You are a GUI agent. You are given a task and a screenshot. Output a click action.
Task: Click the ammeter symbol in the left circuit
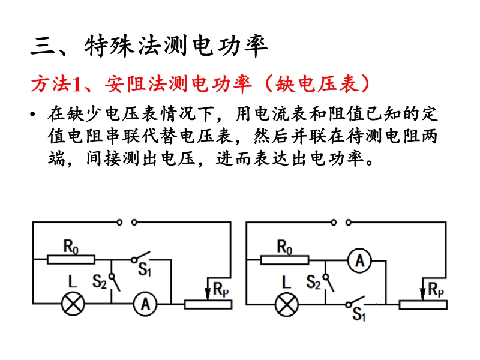click(145, 304)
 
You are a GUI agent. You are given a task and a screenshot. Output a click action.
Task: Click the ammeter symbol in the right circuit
click(359, 261)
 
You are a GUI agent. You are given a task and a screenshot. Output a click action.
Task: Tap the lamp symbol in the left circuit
click(73, 304)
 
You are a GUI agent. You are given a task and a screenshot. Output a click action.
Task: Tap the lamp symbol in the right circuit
click(287, 305)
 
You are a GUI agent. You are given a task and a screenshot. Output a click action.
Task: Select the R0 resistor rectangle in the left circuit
click(71, 260)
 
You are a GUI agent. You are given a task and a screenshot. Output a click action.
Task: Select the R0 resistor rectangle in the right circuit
click(284, 260)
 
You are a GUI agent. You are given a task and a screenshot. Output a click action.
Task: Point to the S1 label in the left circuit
click(145, 269)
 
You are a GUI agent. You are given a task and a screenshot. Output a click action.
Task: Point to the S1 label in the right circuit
click(359, 314)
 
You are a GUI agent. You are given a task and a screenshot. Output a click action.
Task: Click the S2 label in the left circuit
click(100, 281)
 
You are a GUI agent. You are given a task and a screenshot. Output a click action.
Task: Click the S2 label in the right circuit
click(313, 282)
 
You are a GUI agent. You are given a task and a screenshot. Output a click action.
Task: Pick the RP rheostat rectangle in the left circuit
click(208, 304)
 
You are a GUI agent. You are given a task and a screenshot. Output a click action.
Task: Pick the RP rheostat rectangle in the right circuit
click(423, 305)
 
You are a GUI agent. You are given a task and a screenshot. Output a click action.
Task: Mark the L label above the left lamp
click(73, 281)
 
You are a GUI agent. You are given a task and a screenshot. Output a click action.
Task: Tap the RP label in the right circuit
click(436, 290)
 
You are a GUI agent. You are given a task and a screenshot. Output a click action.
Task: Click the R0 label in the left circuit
click(71, 247)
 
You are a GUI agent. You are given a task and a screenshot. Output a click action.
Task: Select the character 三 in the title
click(43, 47)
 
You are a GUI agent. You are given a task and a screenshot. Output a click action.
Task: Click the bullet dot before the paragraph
click(33, 115)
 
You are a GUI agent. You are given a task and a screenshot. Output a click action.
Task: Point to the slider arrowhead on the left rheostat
click(208, 293)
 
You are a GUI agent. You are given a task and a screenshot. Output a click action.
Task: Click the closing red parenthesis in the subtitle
click(365, 83)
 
